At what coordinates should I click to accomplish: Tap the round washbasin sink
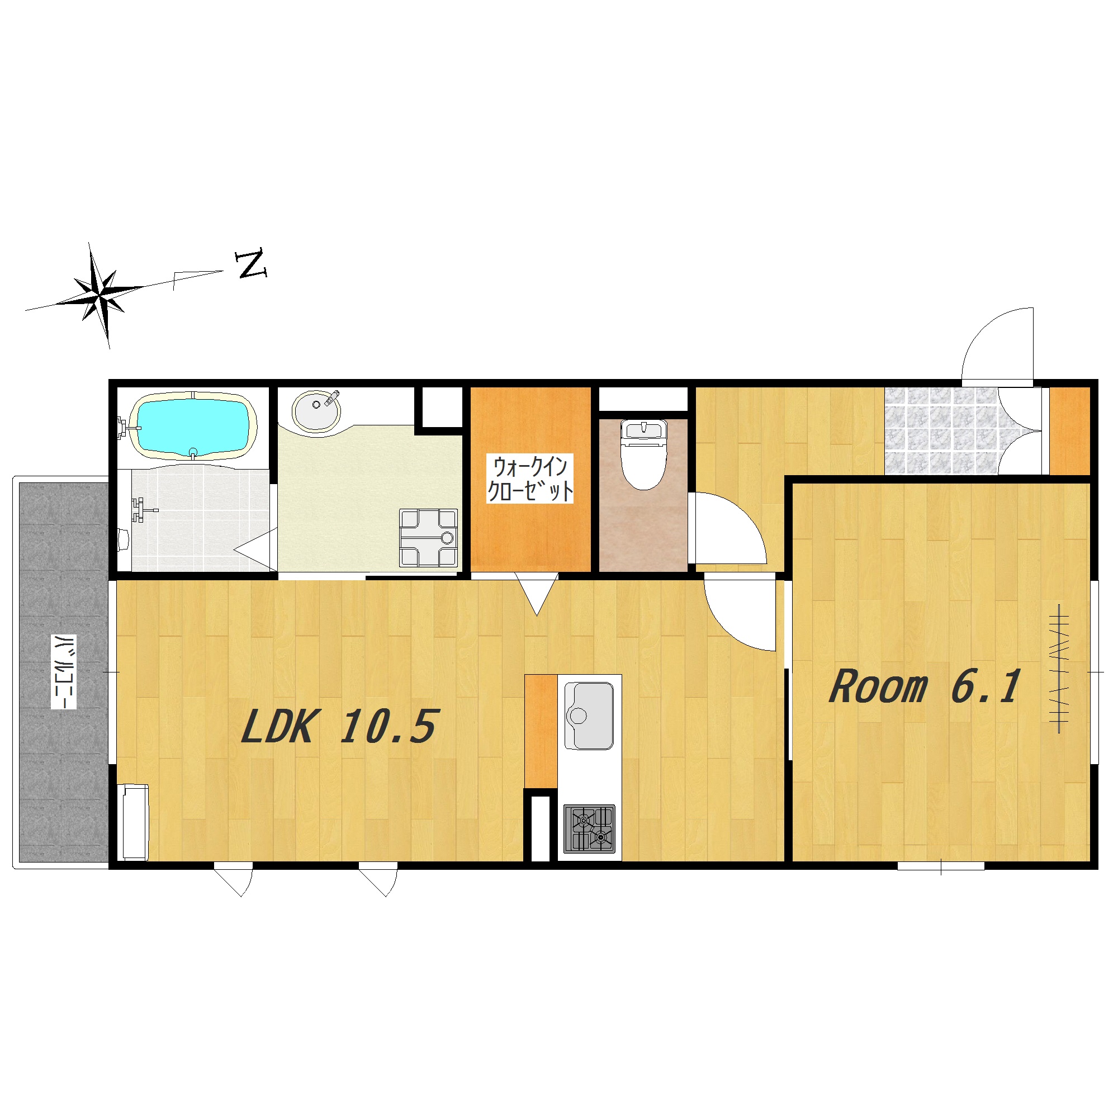[x=316, y=410]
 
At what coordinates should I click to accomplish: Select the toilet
[x=643, y=455]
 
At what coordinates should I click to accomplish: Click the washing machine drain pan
[x=428, y=538]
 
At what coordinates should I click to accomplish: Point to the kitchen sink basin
[x=589, y=716]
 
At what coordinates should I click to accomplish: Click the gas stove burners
[x=590, y=828]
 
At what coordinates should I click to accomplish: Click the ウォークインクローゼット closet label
[x=529, y=478]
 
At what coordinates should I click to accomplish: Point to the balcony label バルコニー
[x=64, y=672]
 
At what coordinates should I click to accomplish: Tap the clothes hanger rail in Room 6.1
[x=1059, y=669]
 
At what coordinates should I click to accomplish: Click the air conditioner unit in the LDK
[x=134, y=822]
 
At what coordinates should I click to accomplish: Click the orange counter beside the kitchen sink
[x=541, y=731]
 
